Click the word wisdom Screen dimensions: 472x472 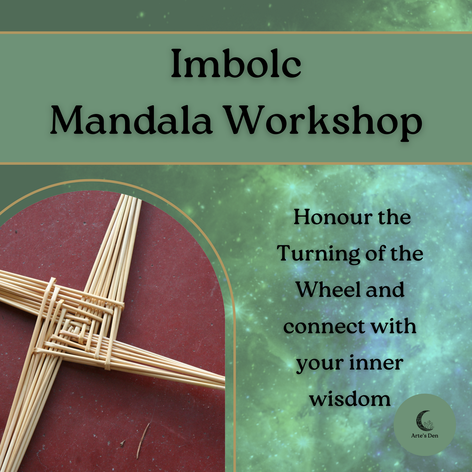pyautogui.click(x=350, y=399)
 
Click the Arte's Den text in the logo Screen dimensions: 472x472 pyautogui.click(x=425, y=435)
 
